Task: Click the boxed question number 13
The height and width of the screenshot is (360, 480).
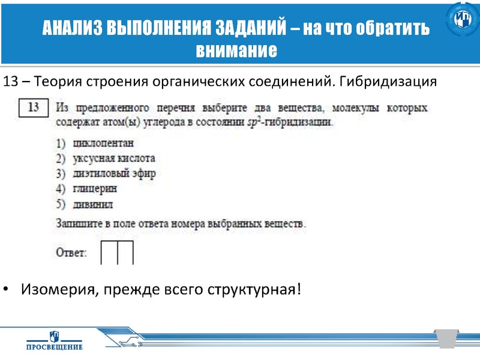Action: click(x=34, y=108)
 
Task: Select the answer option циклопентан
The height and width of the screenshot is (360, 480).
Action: click(x=102, y=143)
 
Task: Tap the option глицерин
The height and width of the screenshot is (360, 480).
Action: click(x=94, y=188)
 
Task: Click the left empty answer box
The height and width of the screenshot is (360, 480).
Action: click(x=109, y=253)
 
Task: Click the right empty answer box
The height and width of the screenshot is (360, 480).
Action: click(x=125, y=253)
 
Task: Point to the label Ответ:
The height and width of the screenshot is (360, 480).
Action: click(x=71, y=253)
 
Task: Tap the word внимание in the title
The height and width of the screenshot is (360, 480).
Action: click(x=236, y=50)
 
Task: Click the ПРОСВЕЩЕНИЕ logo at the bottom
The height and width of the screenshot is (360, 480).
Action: click(x=55, y=340)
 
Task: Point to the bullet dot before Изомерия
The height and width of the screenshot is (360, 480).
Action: click(x=7, y=290)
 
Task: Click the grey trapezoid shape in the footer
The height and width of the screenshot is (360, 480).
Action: click(x=446, y=337)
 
